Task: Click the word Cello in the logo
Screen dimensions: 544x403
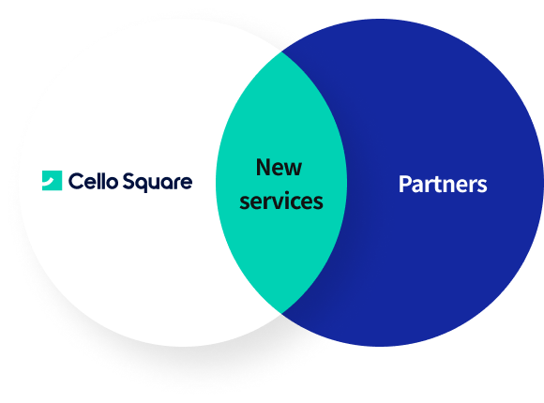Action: pos(93,181)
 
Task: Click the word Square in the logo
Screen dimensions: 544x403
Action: pos(158,182)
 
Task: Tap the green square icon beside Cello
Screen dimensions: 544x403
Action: pos(52,180)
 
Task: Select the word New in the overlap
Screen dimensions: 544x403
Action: pos(279,168)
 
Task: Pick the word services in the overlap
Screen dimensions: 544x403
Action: pos(281,201)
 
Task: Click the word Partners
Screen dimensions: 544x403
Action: pos(443,184)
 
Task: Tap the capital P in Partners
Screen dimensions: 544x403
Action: pos(404,184)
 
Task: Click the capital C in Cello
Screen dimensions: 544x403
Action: pos(76,181)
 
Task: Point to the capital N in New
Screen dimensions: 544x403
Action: pos(264,167)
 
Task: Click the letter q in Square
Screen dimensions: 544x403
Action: pos(143,185)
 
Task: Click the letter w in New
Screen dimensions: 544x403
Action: pos(294,170)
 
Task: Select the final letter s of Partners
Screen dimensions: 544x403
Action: pos(482,187)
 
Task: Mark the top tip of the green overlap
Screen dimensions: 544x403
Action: pos(281,52)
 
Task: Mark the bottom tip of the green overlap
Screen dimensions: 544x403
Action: pos(281,313)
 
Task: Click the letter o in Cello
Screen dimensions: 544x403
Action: pos(112,183)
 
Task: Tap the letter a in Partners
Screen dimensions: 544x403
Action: pos(417,187)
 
